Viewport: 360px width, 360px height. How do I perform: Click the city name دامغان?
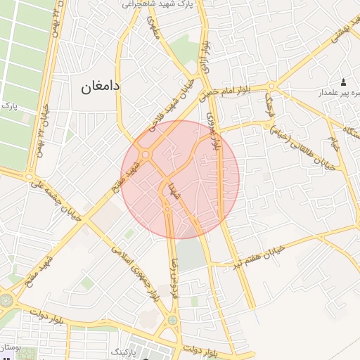(x=101, y=86)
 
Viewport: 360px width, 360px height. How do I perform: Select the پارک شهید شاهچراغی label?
(x=158, y=4)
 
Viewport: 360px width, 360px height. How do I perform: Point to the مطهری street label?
(x=154, y=27)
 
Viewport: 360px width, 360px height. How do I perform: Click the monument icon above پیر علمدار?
(x=344, y=82)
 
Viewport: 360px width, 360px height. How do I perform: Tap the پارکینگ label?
(x=118, y=349)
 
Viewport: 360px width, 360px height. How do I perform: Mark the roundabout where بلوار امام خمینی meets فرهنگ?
(x=271, y=87)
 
